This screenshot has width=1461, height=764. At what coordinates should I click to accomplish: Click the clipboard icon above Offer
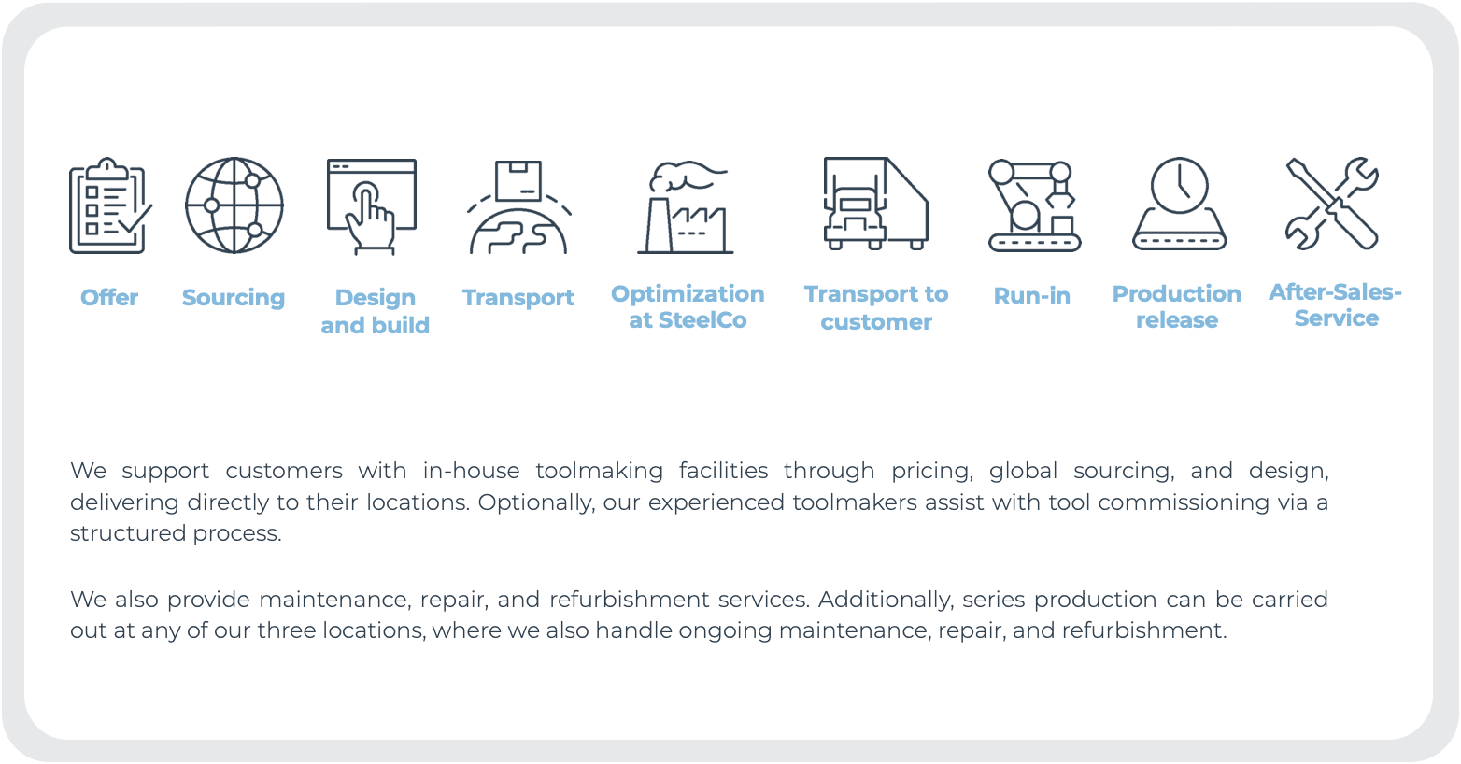coord(109,206)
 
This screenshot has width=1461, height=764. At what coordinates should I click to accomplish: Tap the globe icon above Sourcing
coord(234,205)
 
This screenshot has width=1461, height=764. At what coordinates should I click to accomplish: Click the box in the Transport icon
coord(518,180)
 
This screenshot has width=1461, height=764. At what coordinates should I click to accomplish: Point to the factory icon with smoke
coord(686,206)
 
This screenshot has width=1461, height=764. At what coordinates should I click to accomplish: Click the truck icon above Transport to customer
coord(875,204)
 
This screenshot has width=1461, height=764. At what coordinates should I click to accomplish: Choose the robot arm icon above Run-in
coord(1034,205)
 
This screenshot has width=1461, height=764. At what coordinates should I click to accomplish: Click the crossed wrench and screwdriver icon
coord(1332,204)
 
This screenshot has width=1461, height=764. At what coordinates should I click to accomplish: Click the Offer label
coord(109,297)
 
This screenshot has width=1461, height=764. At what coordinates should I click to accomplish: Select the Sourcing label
coord(234,298)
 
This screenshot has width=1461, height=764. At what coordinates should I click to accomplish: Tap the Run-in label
coord(1032,296)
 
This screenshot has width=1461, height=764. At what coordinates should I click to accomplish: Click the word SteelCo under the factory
coord(702,320)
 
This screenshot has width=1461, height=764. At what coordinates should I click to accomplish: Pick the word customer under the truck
coord(876,322)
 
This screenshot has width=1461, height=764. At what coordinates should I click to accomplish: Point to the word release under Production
coord(1177,320)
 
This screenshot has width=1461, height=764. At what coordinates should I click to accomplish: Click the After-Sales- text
coord(1335,292)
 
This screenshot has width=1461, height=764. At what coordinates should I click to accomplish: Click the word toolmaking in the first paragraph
coord(600,472)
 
